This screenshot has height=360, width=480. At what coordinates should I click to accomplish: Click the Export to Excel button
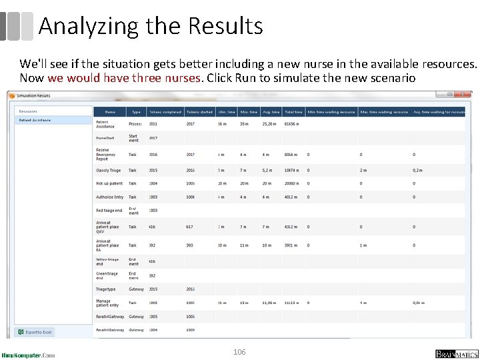[35, 332]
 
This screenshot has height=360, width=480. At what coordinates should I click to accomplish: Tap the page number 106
[239, 351]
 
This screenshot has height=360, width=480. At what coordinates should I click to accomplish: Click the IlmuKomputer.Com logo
[29, 355]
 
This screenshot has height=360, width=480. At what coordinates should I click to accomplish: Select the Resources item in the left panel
[28, 111]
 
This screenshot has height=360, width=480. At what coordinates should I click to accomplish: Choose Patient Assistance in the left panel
[35, 121]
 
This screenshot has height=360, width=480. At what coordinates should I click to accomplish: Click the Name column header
[110, 112]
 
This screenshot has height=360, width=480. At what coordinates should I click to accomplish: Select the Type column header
[136, 112]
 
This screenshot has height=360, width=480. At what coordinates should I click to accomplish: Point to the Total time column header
[293, 112]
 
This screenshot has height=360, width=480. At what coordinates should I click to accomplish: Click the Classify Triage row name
[109, 171]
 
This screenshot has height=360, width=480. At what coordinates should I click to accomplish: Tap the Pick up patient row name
[109, 183]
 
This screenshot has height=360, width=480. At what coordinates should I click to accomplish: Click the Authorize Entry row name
[110, 197]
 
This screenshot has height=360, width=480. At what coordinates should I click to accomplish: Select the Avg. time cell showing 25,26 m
[269, 124]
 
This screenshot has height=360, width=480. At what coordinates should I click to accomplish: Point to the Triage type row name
[106, 289]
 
